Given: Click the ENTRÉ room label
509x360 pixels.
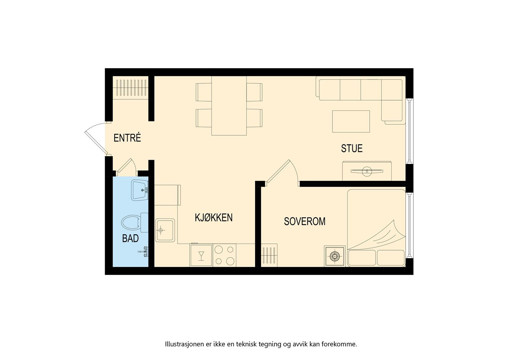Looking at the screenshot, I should [127, 138].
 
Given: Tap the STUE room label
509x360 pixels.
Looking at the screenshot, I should [352, 149].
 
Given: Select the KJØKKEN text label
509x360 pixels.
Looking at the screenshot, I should [213, 218].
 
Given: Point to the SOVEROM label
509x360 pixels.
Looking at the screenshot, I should [304, 222].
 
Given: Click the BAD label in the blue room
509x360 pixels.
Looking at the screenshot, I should [130, 238].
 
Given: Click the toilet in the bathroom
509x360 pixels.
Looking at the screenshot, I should [132, 222].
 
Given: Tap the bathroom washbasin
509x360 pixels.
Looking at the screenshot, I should [139, 190].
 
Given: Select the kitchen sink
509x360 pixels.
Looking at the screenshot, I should [165, 230].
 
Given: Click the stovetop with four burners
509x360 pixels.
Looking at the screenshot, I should [224, 255].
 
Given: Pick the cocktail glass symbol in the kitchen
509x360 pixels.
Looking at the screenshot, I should [201, 255].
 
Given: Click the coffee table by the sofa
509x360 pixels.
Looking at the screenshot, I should [351, 121].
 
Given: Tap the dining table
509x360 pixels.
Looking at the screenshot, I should [229, 106].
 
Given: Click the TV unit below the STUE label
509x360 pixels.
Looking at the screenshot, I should [367, 171].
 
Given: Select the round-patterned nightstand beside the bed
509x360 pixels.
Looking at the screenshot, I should [335, 256].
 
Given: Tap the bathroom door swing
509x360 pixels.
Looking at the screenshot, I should [127, 166].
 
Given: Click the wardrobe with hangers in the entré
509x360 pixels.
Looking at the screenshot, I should [131, 88].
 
